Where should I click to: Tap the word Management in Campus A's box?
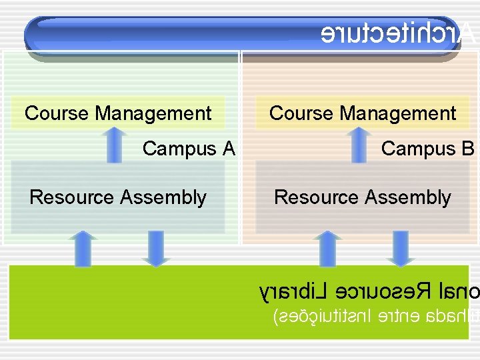pos(153,113)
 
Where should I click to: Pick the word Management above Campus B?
pos(398,113)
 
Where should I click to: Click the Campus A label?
pos(189,148)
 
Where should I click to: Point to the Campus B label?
pos(427,148)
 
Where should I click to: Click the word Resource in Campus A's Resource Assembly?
pos(72,197)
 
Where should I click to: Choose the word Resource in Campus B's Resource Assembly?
pos(317,197)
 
